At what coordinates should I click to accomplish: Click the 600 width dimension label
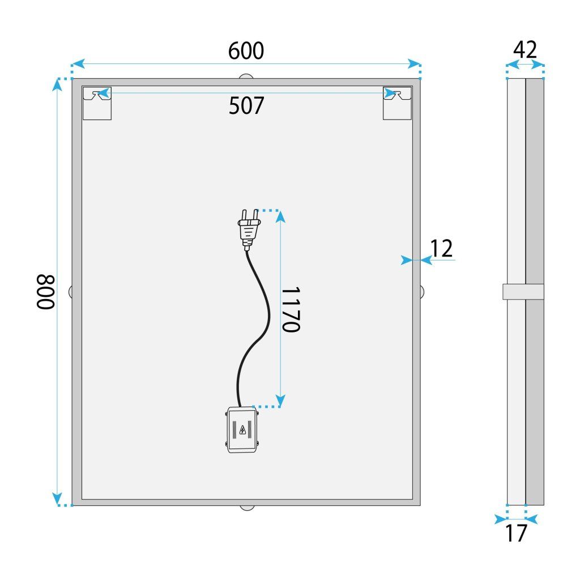pos(246,51)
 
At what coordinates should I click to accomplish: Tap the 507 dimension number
pos(246,105)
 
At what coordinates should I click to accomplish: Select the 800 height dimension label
pos(45,292)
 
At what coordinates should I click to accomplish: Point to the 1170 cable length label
pos(290,309)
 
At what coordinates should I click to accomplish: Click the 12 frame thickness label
pos(442,249)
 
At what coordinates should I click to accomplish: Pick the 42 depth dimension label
pos(525,50)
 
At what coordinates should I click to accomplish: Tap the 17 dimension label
pos(515,533)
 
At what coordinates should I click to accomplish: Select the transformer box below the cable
pos(243,430)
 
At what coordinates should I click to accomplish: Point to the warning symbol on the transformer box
pos(243,430)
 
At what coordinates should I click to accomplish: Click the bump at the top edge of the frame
pos(246,76)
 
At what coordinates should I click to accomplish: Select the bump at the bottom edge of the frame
pos(246,507)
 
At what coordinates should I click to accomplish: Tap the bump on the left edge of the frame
pos(70,292)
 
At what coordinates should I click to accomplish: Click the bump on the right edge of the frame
pos(422,292)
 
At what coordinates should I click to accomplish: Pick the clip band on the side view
pos(523,292)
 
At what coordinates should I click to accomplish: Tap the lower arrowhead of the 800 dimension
pos(57,498)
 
